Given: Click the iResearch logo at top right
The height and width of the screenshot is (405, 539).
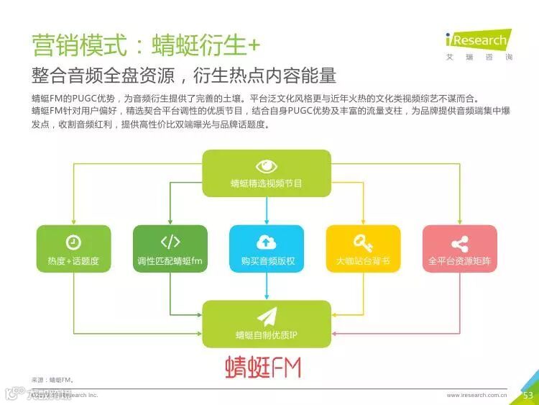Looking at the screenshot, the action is click(x=477, y=40).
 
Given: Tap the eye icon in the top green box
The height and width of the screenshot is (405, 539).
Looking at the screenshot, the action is click(x=267, y=165).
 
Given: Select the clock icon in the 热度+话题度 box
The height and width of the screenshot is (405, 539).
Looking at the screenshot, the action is click(x=73, y=242).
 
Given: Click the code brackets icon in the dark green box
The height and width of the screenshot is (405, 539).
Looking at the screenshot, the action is click(x=170, y=242).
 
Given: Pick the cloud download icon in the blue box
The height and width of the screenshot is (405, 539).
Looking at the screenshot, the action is click(x=267, y=242).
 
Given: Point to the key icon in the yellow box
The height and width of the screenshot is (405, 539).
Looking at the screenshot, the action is click(x=363, y=242).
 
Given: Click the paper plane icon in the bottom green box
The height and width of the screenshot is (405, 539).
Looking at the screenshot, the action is click(x=267, y=316).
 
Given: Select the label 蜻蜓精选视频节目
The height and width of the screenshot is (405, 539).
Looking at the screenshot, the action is click(x=267, y=183).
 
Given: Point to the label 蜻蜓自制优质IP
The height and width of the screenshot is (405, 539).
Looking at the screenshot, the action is click(x=267, y=335).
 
